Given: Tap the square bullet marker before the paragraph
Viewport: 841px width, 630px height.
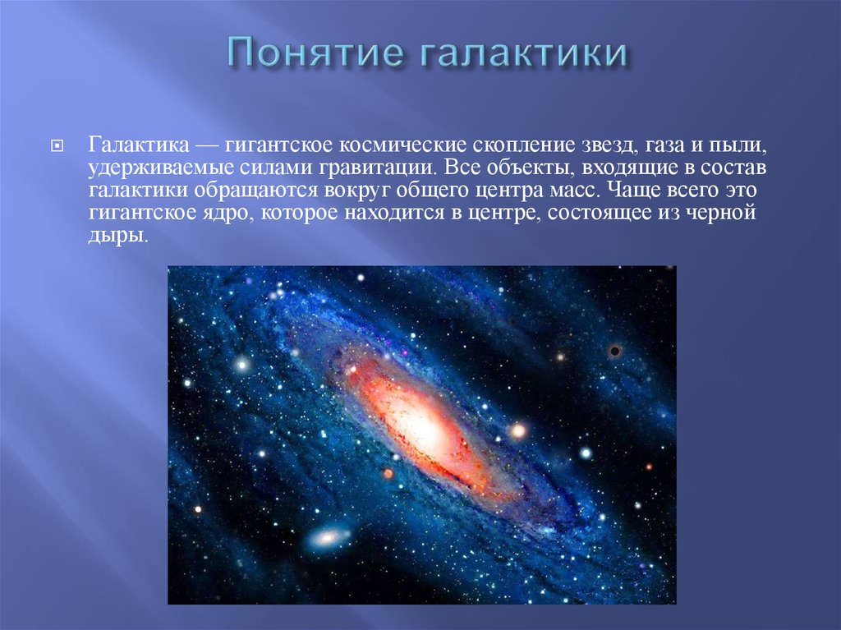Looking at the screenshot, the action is coord(57,145).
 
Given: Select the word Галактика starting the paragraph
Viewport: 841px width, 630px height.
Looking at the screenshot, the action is coord(138,145).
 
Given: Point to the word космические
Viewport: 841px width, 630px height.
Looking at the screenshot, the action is coord(402,145).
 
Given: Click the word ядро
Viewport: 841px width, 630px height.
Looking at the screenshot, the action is coord(228,214).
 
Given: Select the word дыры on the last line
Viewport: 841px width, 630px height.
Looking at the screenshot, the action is coord(117,236).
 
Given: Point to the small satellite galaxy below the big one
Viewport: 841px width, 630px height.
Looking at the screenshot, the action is coord(329,537).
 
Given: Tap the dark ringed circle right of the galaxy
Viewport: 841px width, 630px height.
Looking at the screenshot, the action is coord(614,352).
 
